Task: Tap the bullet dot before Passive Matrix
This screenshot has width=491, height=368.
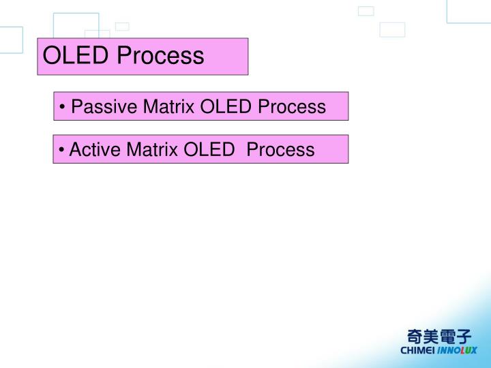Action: click(63, 108)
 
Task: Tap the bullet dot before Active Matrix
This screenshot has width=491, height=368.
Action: click(61, 150)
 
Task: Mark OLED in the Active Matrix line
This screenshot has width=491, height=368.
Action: click(209, 149)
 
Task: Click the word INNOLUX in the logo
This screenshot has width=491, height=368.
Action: click(458, 351)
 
